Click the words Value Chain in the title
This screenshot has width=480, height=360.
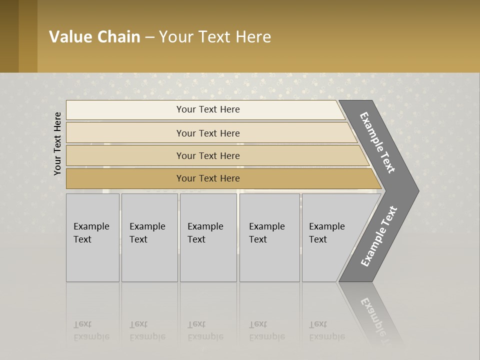pos(94,37)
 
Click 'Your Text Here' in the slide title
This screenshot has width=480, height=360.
pos(215,37)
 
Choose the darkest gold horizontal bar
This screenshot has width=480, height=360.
pos(125,178)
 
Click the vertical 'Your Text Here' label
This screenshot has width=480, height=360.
pos(57,143)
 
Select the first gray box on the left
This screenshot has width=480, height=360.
pos(92,237)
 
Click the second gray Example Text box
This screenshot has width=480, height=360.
pos(149,237)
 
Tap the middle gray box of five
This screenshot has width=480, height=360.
pos(208,237)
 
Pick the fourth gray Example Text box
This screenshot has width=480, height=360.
pos(269,237)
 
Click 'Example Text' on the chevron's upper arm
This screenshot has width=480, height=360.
pos(377,142)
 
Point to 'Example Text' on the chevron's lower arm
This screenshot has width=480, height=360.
pos(379,236)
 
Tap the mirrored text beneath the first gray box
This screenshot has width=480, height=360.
pos(91,330)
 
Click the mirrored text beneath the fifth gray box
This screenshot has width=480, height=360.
pos(327,330)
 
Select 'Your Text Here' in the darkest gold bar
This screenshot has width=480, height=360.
pos(208,178)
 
